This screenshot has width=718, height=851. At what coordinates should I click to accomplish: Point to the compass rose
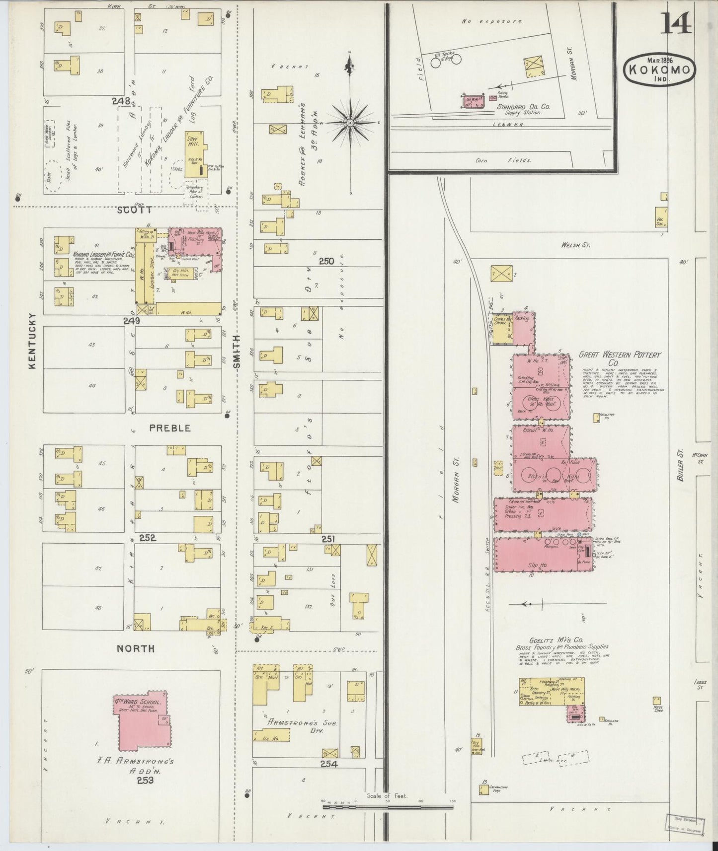pyautogui.click(x=350, y=122)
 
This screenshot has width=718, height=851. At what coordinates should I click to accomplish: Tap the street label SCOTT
pyautogui.click(x=134, y=210)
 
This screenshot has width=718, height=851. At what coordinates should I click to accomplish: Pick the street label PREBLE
pyautogui.click(x=170, y=428)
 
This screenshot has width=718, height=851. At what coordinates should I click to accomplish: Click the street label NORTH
pyautogui.click(x=135, y=648)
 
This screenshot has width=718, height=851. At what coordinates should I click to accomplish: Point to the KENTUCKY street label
pyautogui.click(x=33, y=341)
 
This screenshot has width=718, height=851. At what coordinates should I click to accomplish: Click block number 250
pyautogui.click(x=326, y=262)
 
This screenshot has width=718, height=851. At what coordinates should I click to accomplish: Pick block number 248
pyautogui.click(x=121, y=101)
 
